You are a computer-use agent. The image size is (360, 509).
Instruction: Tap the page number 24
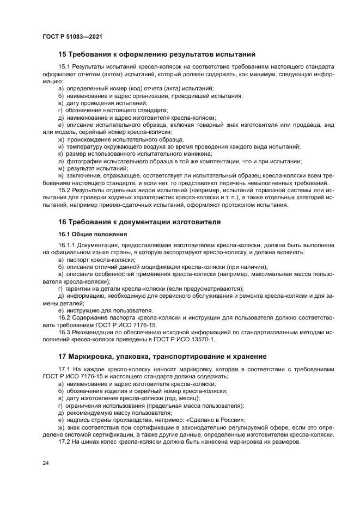point(46,463)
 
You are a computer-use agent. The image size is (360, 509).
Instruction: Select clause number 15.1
point(64,66)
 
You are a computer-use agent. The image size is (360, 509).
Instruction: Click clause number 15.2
point(64,190)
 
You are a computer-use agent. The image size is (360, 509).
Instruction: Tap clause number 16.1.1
point(67,246)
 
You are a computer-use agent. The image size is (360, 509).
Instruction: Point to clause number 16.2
point(64,317)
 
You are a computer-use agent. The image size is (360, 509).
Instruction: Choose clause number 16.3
point(64,332)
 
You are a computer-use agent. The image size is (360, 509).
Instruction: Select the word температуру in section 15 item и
point(84,147)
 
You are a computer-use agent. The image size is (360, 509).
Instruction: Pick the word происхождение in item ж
point(89,140)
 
